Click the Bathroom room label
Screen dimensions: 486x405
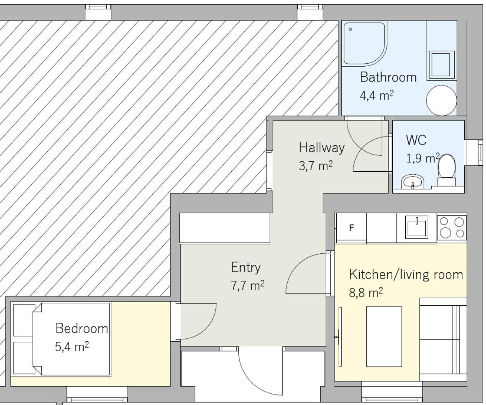(388, 77)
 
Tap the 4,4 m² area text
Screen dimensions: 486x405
(376, 95)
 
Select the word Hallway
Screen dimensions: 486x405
(321, 147)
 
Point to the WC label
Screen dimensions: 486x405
(416, 140)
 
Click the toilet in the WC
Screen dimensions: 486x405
(447, 170)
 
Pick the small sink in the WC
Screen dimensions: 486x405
(412, 181)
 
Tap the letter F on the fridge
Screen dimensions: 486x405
(351, 228)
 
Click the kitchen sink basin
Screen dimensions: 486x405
(417, 227)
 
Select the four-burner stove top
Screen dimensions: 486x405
(452, 227)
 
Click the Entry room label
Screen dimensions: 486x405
(246, 268)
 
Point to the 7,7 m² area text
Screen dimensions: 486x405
(248, 285)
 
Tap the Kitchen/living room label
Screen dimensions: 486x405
(406, 275)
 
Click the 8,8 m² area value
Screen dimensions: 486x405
(366, 292)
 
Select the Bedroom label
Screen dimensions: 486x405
(82, 328)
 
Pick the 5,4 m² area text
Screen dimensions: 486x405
(72, 346)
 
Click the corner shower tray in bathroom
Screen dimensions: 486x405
(365, 44)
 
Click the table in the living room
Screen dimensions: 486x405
(384, 336)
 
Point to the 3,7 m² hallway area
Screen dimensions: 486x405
(315, 165)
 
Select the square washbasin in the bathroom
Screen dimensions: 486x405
(440, 64)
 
